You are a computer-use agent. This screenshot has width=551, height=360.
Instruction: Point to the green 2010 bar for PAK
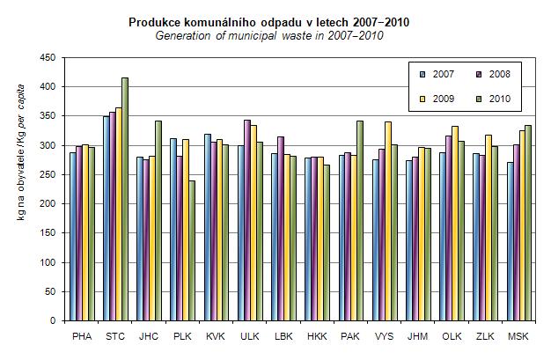pos(359,221)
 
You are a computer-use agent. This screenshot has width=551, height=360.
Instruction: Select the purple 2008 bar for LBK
pos(281,229)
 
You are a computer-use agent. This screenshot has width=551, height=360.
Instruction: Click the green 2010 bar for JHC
pos(158,221)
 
